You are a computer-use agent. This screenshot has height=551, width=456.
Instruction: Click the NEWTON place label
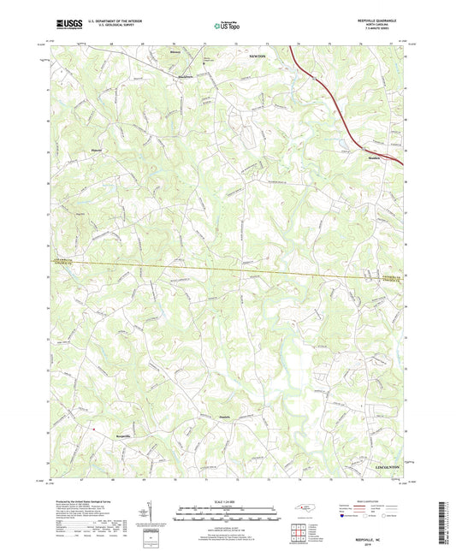pos(258,56)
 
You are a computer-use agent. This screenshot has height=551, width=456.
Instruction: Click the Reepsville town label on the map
pos(104,436)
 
